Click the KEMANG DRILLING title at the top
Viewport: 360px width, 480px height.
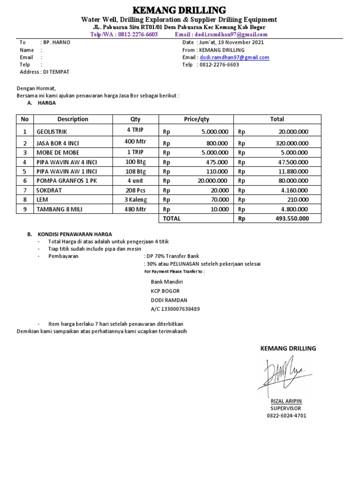pos(180,10)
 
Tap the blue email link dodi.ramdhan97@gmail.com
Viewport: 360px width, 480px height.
pos(234,58)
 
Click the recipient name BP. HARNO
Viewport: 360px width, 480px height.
pos(56,42)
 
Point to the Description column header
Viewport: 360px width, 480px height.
pos(73,119)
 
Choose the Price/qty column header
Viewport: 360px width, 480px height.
pos(196,119)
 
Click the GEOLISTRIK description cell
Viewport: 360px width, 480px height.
pos(52,132)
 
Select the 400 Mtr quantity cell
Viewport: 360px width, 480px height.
pos(135,142)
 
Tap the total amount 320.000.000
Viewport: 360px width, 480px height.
pos(292,143)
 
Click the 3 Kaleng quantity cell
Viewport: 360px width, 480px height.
pos(135,200)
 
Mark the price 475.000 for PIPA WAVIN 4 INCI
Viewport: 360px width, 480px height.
pos(217,162)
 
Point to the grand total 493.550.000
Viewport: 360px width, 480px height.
pos(292,218)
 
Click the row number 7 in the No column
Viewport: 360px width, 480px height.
pos(25,190)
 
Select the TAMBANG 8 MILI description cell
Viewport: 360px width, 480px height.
pos(59,209)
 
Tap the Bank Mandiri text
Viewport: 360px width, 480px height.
pos(166,282)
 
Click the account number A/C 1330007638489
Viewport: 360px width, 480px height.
pos(175,309)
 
